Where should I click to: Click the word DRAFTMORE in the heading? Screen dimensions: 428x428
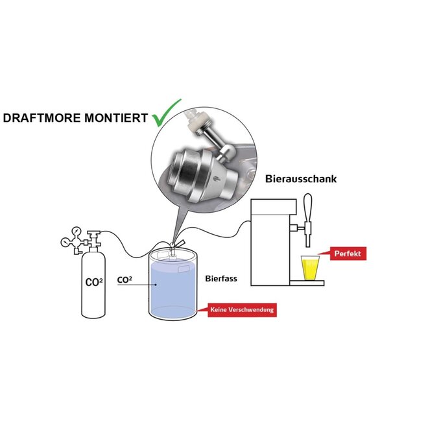pyautogui.click(x=42, y=118)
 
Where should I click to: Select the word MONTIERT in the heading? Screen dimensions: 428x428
pyautogui.click(x=116, y=118)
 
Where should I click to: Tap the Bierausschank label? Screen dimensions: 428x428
pyautogui.click(x=301, y=179)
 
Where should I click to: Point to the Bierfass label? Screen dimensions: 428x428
pyautogui.click(x=221, y=279)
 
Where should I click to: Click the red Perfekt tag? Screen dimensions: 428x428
pyautogui.click(x=348, y=254)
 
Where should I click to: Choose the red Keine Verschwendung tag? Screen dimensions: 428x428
pyautogui.click(x=242, y=310)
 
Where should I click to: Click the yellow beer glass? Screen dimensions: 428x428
pyautogui.click(x=310, y=268)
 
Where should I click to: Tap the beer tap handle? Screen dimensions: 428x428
pyautogui.click(x=307, y=208)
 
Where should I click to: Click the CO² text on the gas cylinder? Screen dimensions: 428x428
pyautogui.click(x=94, y=282)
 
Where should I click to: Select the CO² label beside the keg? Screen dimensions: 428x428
pyautogui.click(x=125, y=279)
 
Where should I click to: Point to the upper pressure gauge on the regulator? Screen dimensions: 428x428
pyautogui.click(x=77, y=232)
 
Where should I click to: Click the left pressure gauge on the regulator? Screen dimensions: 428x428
pyautogui.click(x=65, y=243)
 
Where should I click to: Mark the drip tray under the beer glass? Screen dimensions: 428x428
pyautogui.click(x=307, y=283)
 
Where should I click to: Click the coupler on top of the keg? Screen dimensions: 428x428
pyautogui.click(x=173, y=248)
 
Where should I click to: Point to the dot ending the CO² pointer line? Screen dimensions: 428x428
pyautogui.click(x=156, y=285)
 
